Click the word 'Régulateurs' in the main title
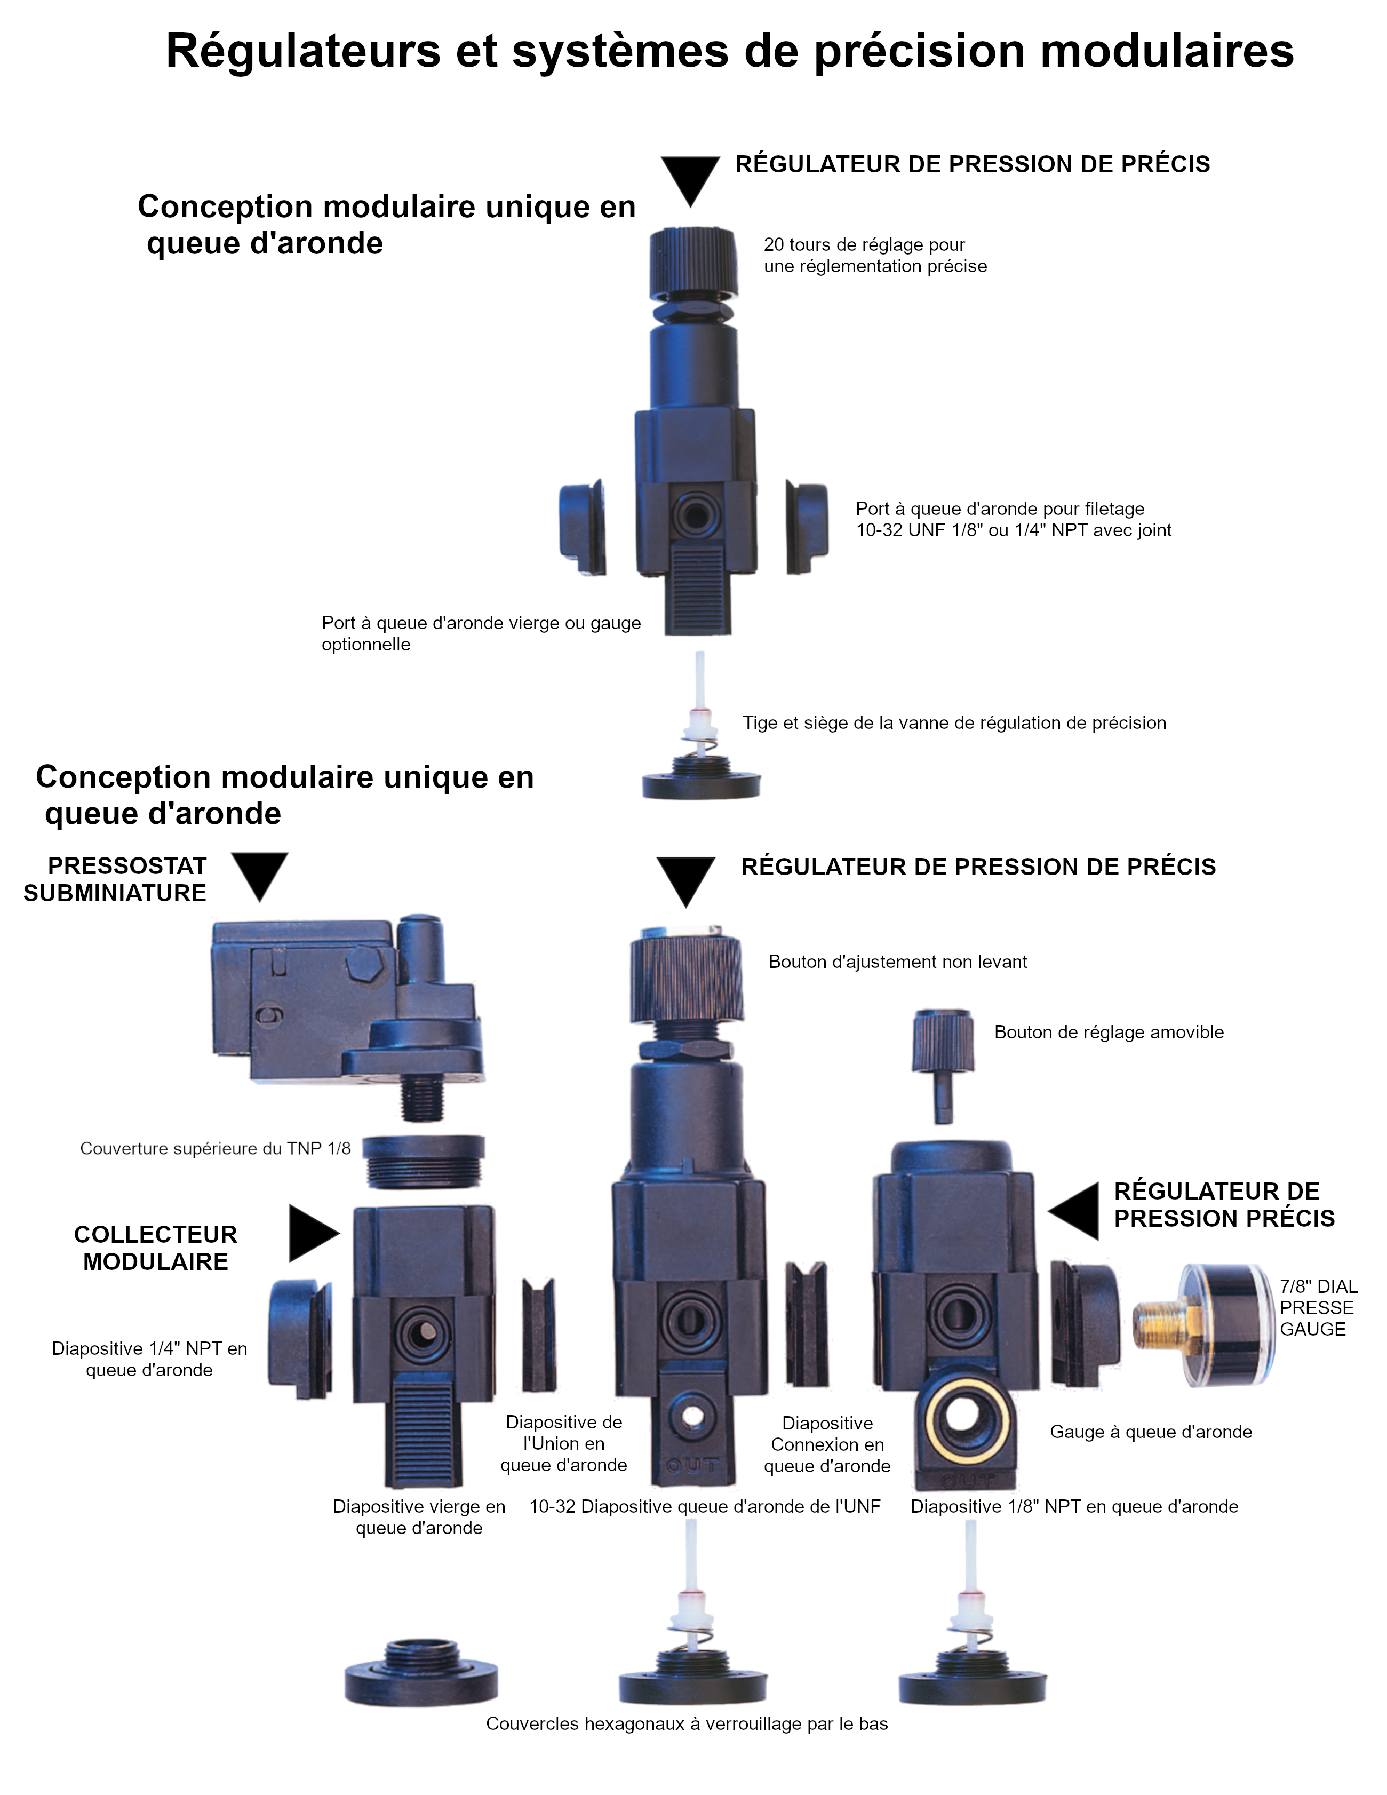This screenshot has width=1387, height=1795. pyautogui.click(x=303, y=51)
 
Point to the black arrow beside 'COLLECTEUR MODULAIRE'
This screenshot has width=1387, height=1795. pyautogui.click(x=313, y=1233)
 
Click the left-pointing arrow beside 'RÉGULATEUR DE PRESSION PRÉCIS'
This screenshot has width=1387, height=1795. pyautogui.click(x=1074, y=1211)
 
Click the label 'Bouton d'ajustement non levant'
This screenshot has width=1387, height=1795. pyautogui.click(x=897, y=962)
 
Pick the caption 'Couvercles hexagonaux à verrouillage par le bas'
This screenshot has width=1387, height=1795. pyautogui.click(x=687, y=1723)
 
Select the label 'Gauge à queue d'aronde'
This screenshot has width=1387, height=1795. pyautogui.click(x=1150, y=1432)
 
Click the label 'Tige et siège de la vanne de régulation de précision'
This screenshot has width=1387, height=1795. pyautogui.click(x=954, y=722)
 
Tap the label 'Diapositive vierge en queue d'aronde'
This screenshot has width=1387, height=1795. pyautogui.click(x=419, y=1516)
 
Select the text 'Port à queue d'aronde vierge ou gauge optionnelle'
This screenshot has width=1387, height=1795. pyautogui.click(x=481, y=633)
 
